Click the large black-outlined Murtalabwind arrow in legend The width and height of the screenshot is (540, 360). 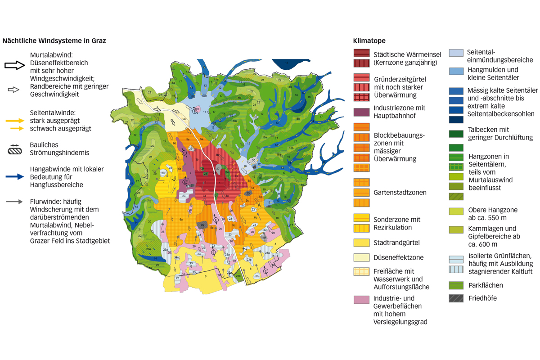point(14,65)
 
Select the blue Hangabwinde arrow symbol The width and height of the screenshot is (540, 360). point(14,177)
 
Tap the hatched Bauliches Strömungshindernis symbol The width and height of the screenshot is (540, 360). point(15,150)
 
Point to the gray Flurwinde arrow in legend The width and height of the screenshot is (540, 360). point(14,202)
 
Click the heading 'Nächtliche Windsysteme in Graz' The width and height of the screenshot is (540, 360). point(54,40)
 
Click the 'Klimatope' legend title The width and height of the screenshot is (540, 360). point(369,40)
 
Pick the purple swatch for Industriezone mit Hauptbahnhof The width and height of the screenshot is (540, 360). point(361,112)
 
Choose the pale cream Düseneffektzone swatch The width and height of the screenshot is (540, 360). point(361,258)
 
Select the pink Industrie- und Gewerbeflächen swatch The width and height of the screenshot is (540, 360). point(361,299)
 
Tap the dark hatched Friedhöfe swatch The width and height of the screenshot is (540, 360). point(456,298)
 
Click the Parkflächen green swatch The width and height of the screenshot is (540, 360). point(456,285)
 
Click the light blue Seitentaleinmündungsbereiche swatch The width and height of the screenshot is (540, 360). point(456,53)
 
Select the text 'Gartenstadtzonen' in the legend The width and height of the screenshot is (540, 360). point(400,193)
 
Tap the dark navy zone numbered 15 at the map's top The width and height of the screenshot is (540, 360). point(288,63)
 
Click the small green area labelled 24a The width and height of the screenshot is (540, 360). point(238,276)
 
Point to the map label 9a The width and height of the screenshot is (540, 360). point(184,119)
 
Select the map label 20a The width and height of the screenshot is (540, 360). point(148,249)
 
